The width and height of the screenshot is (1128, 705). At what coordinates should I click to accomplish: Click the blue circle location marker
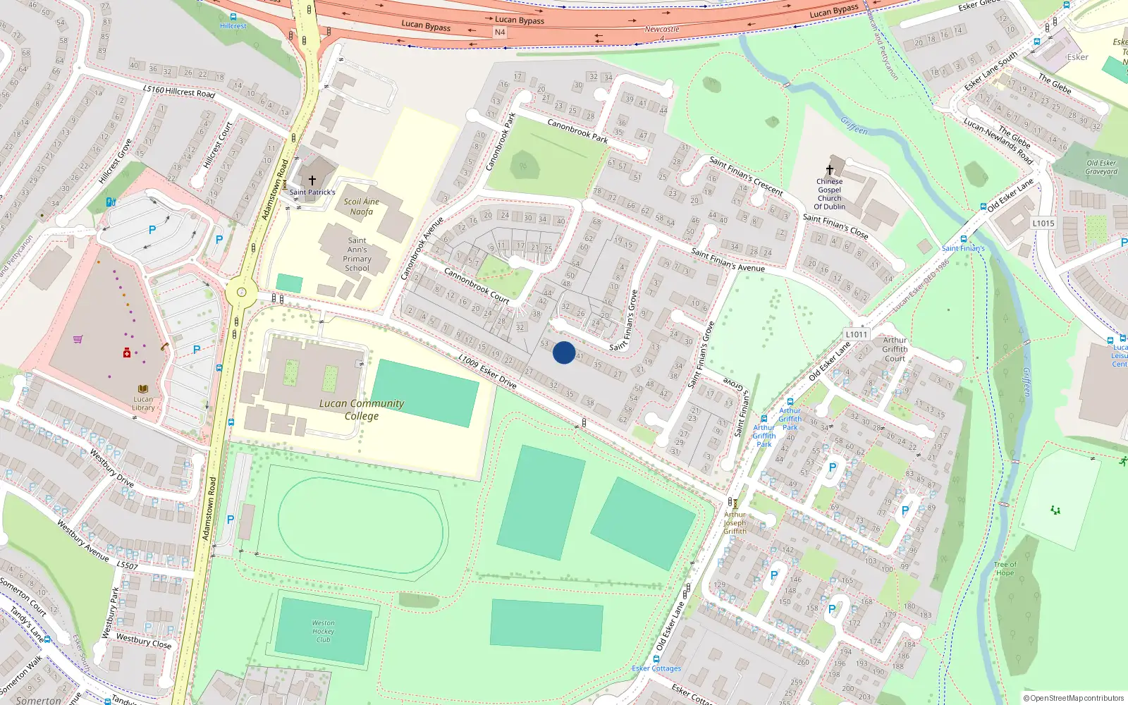[x=564, y=352]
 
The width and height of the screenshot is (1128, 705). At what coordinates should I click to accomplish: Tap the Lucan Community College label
[x=362, y=410]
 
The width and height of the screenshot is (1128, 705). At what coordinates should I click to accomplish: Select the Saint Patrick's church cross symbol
[x=312, y=181]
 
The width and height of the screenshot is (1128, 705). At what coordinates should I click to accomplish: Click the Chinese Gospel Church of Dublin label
[x=830, y=194]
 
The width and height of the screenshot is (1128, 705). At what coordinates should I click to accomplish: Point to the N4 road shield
[x=500, y=32]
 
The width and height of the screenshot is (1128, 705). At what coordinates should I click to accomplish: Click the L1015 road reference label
[x=1043, y=223]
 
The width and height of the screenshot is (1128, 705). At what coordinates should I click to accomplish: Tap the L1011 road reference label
[x=856, y=334]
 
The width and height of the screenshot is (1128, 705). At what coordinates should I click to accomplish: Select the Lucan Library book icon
[x=143, y=388]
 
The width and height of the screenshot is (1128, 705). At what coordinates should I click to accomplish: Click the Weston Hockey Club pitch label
[x=324, y=631]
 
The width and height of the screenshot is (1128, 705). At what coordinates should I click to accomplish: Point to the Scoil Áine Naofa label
[x=362, y=207]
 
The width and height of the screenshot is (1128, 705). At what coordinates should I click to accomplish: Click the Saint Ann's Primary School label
[x=357, y=254]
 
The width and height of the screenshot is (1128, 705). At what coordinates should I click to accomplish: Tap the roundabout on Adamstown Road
[x=242, y=292]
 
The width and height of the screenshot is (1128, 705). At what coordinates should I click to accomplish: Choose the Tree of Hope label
[x=1005, y=568]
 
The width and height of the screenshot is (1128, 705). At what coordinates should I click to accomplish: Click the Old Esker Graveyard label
[x=1101, y=167]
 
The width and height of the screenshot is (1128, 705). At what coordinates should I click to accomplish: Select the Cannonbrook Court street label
[x=477, y=285]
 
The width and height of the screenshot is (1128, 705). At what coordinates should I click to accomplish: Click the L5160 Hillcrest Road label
[x=178, y=91]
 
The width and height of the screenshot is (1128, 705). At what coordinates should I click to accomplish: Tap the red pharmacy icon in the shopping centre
[x=127, y=352]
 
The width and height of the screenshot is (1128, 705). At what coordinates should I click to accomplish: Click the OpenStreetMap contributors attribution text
[x=1074, y=698]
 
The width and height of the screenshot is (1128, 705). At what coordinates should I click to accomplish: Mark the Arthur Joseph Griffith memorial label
[x=735, y=522]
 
